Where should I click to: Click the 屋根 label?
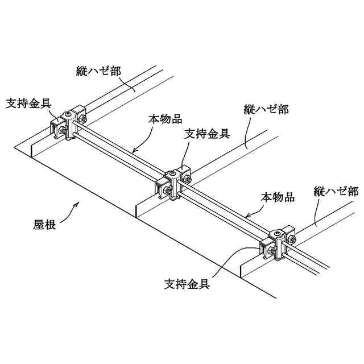click(44, 225)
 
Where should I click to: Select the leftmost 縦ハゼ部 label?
click(99, 71)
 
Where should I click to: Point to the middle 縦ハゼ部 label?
click(266, 109)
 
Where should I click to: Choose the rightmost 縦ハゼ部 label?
click(336, 191)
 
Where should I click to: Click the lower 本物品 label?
click(278, 197)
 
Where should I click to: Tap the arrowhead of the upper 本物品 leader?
click(133, 151)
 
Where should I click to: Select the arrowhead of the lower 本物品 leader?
click(245, 217)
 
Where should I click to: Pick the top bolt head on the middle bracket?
click(173, 173)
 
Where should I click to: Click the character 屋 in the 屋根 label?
click(38, 225)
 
